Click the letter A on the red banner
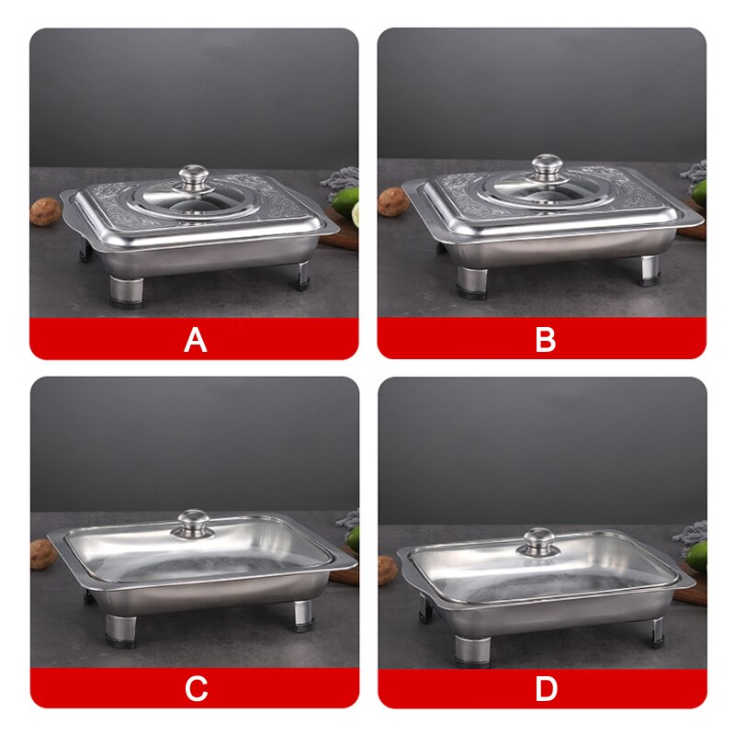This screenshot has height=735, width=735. point(195,340)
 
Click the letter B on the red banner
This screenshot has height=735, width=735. point(545,340)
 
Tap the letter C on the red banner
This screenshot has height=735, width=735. point(196,689)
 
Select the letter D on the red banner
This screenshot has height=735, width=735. point(546,689)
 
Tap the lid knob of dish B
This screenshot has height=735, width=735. point(546,166)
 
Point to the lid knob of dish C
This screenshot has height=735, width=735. point(194,523)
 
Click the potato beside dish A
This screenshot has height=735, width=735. point(45,211)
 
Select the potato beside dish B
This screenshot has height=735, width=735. point(393,202)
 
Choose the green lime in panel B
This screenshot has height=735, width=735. point(698,192)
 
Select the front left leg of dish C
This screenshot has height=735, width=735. point(120,628)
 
